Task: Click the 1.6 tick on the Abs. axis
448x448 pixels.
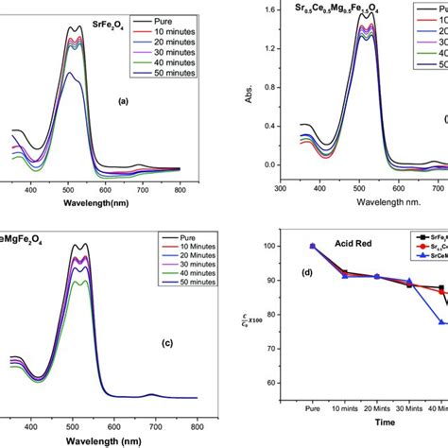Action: (270, 9)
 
